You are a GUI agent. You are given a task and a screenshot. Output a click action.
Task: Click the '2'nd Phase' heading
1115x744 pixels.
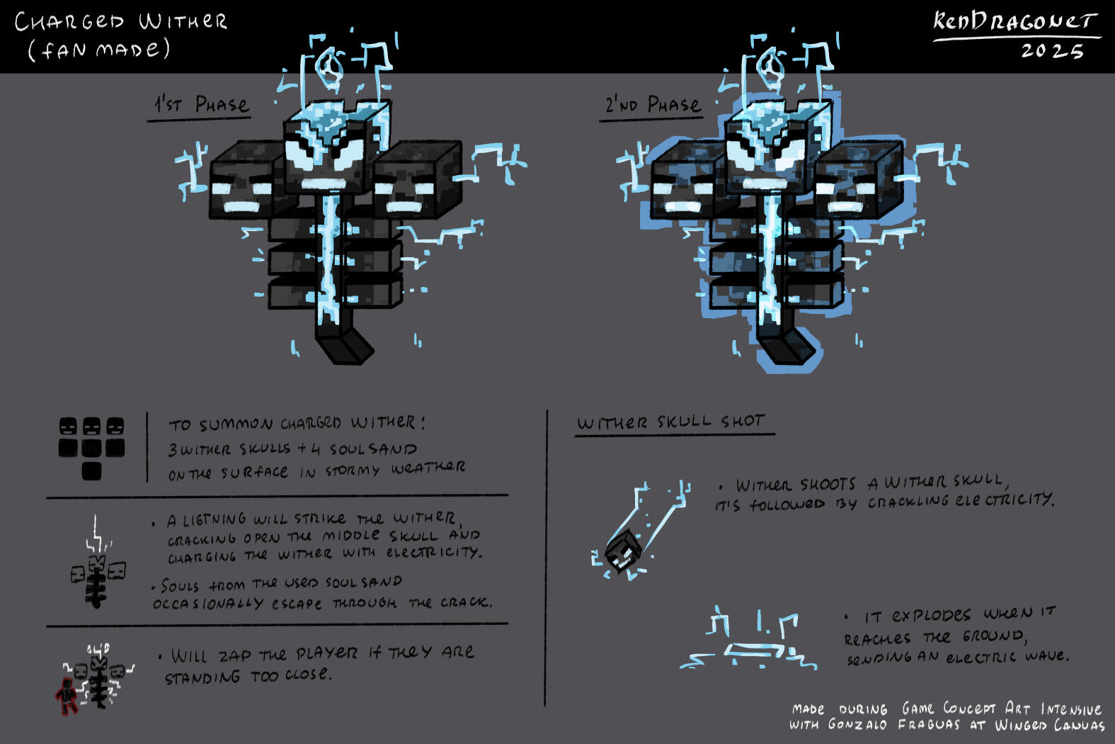tap(652, 105)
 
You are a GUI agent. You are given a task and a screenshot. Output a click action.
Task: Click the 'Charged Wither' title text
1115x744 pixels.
tap(121, 21)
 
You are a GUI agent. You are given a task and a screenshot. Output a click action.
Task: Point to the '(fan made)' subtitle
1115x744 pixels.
tap(100, 50)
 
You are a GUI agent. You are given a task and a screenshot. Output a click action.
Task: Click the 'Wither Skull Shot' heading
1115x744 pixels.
tap(670, 422)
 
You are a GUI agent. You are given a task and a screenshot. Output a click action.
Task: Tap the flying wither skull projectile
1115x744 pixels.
tap(622, 551)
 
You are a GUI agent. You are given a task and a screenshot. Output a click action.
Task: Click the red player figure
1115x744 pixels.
tap(67, 696)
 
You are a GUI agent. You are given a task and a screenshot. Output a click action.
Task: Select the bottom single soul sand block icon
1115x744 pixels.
tap(91, 471)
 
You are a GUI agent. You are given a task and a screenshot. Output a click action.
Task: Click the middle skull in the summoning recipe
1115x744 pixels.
tap(91, 427)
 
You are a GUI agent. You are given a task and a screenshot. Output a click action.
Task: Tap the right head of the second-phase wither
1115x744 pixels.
tap(859, 181)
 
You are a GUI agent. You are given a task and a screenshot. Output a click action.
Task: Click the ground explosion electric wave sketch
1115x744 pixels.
tap(749, 641)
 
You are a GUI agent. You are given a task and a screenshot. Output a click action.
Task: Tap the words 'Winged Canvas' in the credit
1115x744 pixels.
tap(1049, 725)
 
